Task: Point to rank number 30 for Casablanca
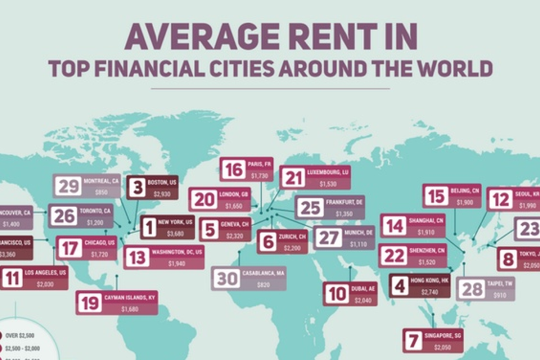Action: click(x=226, y=279)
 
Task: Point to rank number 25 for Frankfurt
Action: click(x=310, y=208)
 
